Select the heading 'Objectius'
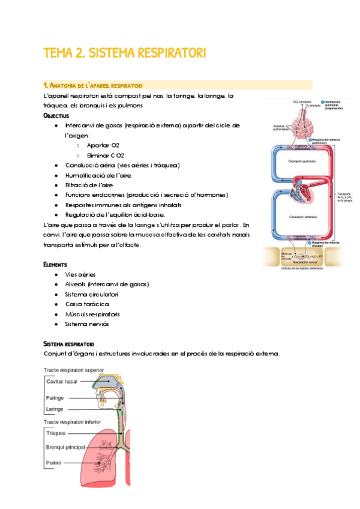[x=56, y=115]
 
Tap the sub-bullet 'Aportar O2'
[x=103, y=145]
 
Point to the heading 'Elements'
[x=55, y=264]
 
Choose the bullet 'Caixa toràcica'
[x=86, y=304]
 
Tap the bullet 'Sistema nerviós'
[x=88, y=324]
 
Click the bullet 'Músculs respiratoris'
[x=92, y=314]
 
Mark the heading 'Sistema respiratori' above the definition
[x=68, y=343]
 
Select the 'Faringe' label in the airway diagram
[x=56, y=398]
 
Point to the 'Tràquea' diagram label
[x=56, y=432]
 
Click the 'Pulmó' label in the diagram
[x=54, y=463]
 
